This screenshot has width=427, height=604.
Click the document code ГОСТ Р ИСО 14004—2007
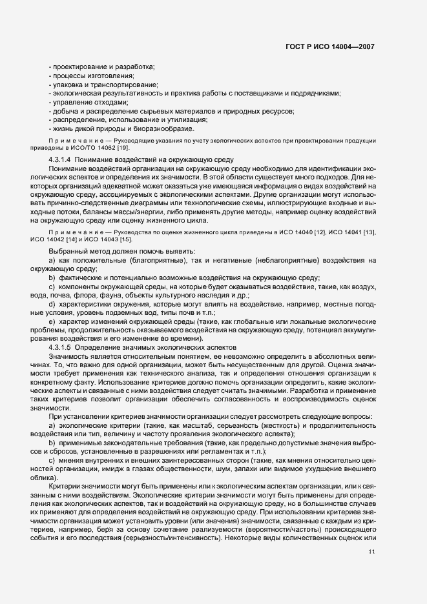tap(329, 47)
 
